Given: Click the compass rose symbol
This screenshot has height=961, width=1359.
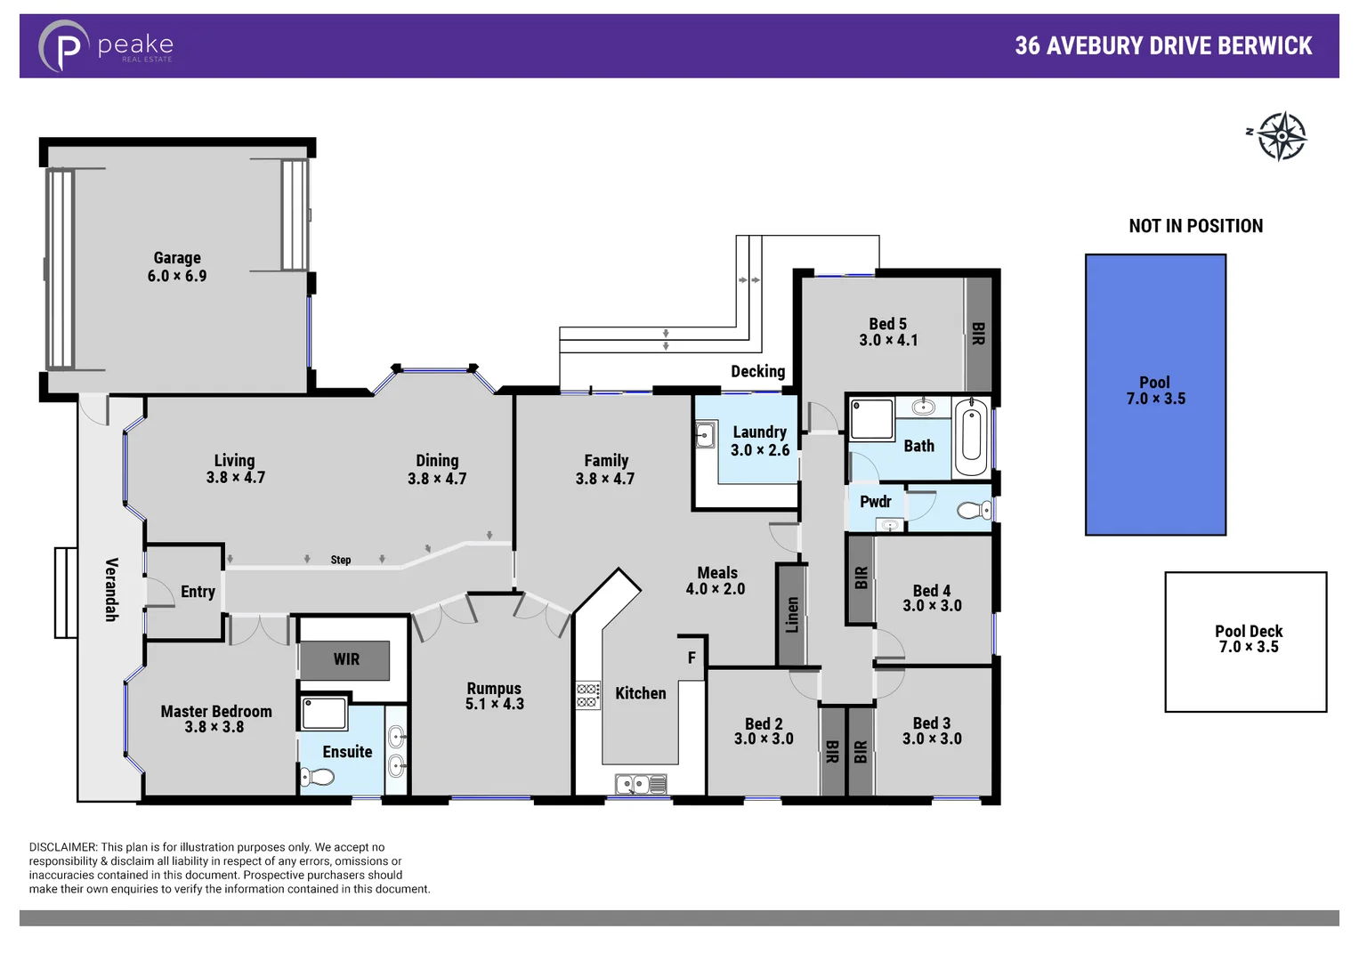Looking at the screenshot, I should (x=1281, y=136).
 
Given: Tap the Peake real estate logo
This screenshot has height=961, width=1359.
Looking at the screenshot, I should (x=106, y=46).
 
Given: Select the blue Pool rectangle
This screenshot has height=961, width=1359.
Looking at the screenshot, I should (x=1155, y=394).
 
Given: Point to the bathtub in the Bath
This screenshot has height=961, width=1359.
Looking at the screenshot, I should (x=971, y=439).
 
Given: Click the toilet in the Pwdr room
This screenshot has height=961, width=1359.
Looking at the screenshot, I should (x=974, y=511).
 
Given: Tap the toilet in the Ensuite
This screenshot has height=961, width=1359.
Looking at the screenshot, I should (x=317, y=777).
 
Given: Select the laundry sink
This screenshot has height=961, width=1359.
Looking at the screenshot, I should (x=706, y=435).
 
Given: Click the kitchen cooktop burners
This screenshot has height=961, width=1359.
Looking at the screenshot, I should (x=587, y=695).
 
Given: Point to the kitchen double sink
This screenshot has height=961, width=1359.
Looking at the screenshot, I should (x=641, y=784).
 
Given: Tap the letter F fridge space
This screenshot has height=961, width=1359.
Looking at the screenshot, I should (x=692, y=658).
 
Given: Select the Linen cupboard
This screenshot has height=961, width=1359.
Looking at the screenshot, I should (x=792, y=615).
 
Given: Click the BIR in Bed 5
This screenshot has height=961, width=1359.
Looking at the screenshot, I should (x=978, y=335).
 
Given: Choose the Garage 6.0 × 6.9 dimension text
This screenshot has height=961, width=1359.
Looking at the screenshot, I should (x=177, y=277).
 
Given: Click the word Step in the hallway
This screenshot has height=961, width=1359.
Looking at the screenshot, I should (x=341, y=560).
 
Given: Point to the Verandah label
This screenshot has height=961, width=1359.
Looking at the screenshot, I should (x=112, y=589).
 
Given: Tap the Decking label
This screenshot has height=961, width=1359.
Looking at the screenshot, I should (x=757, y=371).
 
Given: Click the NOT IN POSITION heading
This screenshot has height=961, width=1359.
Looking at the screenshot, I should (x=1195, y=226).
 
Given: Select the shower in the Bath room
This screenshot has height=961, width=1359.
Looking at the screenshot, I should (x=871, y=420).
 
